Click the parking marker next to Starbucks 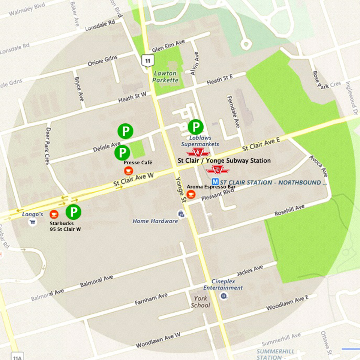(73, 212)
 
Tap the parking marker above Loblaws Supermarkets (195, 127)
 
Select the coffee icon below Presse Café (128, 171)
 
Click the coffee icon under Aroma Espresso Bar (191, 194)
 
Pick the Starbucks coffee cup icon (54, 214)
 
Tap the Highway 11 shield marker (146, 60)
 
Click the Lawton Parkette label (165, 77)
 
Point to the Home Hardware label (155, 221)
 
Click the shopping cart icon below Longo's (32, 222)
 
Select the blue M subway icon (215, 182)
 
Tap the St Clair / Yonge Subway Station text (224, 160)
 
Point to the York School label (200, 301)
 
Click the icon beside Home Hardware (181, 214)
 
